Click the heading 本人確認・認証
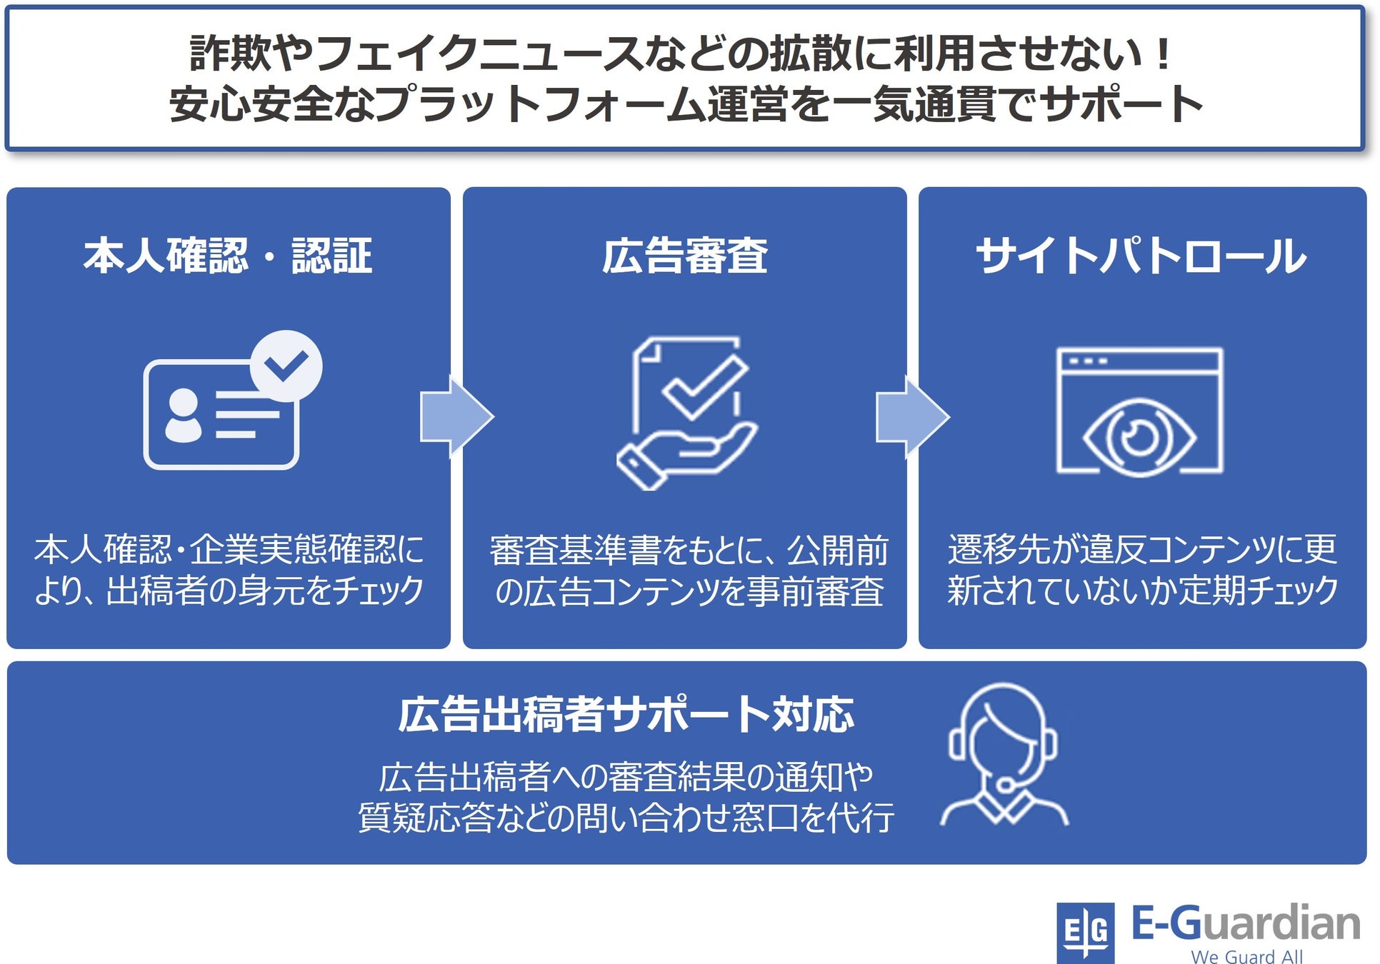228,256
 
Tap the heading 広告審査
684,256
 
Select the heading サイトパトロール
1141,256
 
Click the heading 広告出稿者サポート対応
626,714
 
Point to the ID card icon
221,414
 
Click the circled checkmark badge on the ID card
286,366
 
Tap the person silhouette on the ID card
184,415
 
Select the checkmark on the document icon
704,386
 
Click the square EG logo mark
1085,932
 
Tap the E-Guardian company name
1246,923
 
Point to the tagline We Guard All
1246,956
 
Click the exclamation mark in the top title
1163,54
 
